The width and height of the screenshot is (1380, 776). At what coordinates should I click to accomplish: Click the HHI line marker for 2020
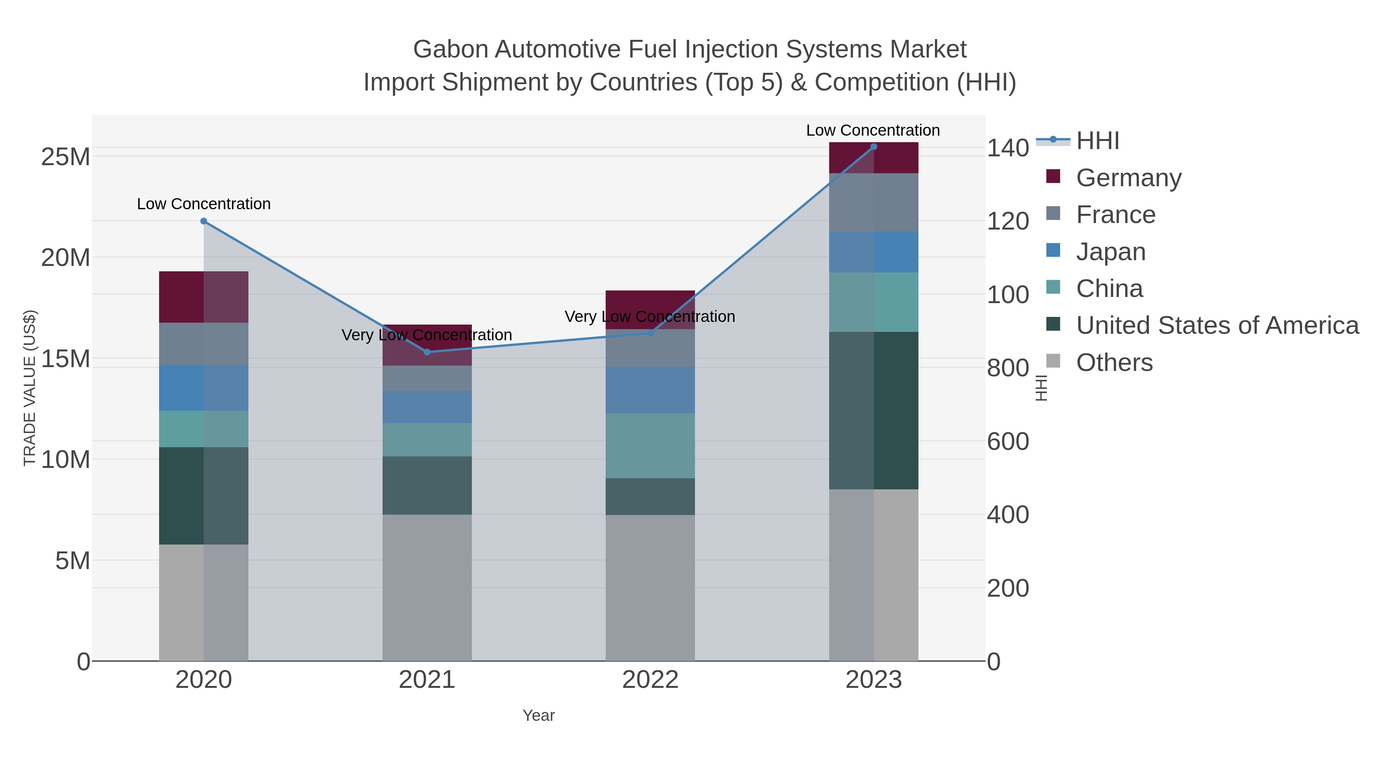point(204,221)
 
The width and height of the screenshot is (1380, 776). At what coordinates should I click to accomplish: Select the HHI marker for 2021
point(427,352)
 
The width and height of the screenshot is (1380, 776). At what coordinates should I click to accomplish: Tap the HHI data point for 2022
point(651,333)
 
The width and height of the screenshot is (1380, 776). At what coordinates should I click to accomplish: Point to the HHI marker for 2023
point(874,147)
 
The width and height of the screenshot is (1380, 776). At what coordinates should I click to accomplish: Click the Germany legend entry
point(1128,178)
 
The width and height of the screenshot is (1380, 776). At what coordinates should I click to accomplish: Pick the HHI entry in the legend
point(1097,141)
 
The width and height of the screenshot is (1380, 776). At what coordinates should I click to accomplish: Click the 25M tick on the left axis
point(65,157)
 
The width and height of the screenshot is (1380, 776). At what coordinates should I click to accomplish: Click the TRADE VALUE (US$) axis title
point(30,388)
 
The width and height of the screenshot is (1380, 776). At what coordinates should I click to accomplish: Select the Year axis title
point(539,715)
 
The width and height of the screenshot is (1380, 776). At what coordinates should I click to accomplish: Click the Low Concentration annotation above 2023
point(873,130)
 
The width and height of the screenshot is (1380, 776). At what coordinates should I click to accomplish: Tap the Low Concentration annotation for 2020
point(204,204)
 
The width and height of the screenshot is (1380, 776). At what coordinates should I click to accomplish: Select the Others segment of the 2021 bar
point(427,587)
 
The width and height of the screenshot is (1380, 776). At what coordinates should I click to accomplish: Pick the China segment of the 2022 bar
point(651,446)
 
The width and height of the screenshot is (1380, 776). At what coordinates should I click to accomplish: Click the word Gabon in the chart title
point(450,49)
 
